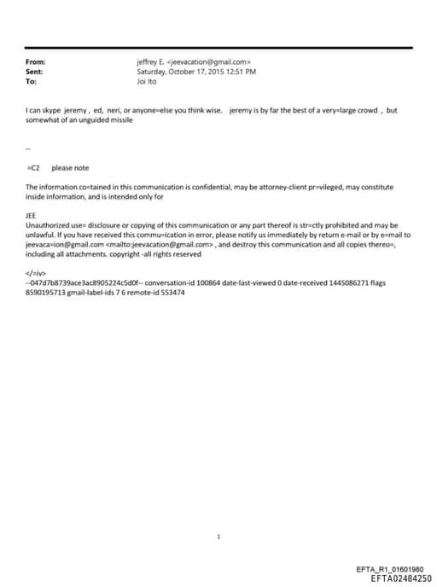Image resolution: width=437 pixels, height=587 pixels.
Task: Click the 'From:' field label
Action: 35,61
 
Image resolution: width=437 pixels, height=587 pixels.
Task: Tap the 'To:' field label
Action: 32,81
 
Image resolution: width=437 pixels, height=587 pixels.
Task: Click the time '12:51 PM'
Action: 242,72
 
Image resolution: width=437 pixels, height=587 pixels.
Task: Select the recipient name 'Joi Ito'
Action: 148,81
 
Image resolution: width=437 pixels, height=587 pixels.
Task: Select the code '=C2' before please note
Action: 34,168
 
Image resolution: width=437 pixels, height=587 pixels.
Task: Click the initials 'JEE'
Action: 32,217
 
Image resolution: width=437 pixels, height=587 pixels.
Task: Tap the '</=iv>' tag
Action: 36,272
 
